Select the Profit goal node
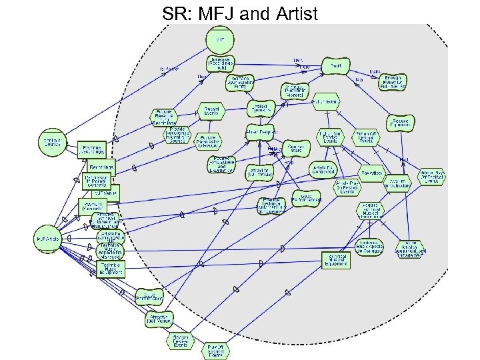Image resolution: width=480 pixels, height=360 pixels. click(336, 66)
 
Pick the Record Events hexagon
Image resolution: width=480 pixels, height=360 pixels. click(213, 109)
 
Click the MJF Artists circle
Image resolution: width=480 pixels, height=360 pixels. click(48, 238)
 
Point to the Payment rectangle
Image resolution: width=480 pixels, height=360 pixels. click(93, 205)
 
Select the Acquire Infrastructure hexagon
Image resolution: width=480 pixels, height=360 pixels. click(398, 183)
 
